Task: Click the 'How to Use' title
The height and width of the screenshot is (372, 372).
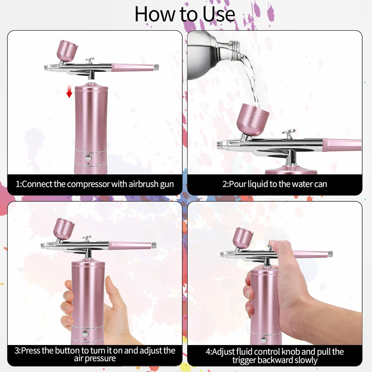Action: point(185,14)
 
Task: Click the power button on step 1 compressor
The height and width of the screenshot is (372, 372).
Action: point(88,158)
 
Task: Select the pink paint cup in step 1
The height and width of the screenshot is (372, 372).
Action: point(67,50)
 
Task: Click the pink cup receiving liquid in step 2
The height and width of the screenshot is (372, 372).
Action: point(252,120)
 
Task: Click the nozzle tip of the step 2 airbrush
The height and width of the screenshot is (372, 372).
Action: point(219,145)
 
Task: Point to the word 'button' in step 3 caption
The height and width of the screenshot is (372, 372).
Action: point(63,351)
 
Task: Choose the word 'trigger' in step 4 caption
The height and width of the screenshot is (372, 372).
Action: point(244,360)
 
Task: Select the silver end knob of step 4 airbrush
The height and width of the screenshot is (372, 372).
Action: point(330,254)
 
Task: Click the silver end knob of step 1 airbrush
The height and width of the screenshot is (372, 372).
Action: point(156,67)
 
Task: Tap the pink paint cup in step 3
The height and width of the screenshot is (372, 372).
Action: point(64,228)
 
